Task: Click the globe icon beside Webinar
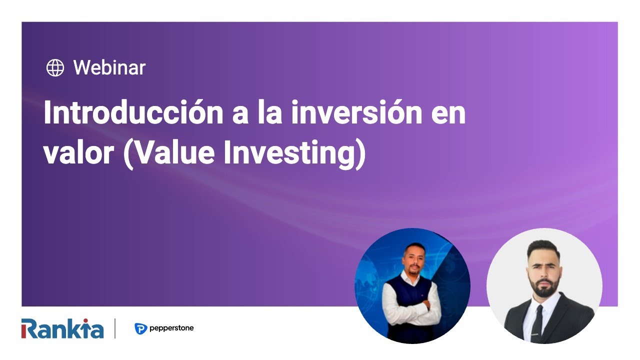click(x=55, y=67)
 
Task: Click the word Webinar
click(x=109, y=67)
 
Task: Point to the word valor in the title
click(x=77, y=153)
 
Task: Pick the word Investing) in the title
click(x=294, y=153)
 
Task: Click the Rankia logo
click(x=62, y=329)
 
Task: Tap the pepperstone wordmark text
click(x=171, y=328)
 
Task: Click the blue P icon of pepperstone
click(x=140, y=329)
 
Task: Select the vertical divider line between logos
click(x=115, y=328)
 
